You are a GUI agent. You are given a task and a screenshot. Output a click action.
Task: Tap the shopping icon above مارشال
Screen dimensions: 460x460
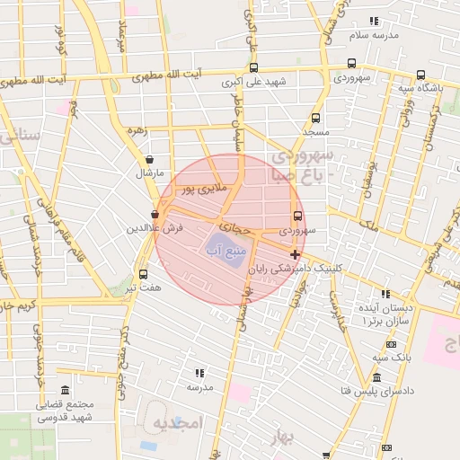(x=148, y=160)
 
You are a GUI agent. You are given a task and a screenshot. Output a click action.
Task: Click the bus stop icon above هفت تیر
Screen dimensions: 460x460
(x=144, y=274)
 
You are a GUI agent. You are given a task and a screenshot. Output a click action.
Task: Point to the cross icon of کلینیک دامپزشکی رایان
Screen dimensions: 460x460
(x=296, y=254)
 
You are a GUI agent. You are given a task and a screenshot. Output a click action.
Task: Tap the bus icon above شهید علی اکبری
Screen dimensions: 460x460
(x=253, y=67)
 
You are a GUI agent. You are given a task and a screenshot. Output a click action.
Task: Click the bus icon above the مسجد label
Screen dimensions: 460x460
(x=315, y=118)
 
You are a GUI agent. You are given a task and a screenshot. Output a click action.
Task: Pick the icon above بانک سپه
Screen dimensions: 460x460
(x=390, y=344)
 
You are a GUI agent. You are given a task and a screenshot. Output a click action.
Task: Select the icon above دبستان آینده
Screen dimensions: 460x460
(x=385, y=293)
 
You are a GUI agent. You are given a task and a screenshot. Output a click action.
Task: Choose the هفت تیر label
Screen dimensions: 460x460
(x=143, y=288)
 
